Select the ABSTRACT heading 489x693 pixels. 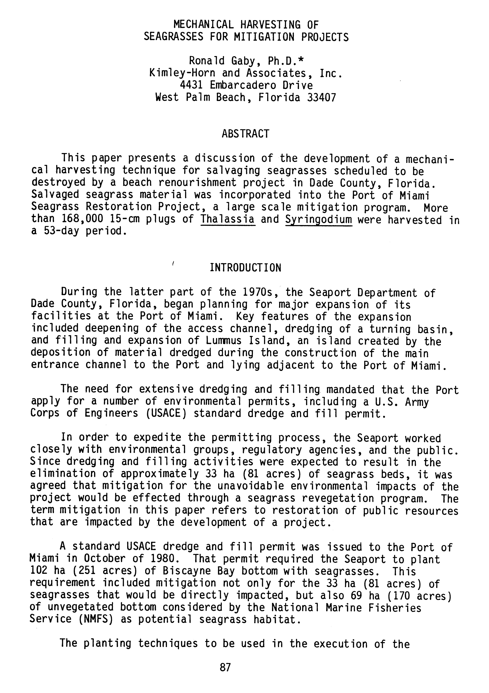point(245,134)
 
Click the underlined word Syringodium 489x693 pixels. point(319,219)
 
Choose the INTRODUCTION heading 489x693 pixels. point(245,268)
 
